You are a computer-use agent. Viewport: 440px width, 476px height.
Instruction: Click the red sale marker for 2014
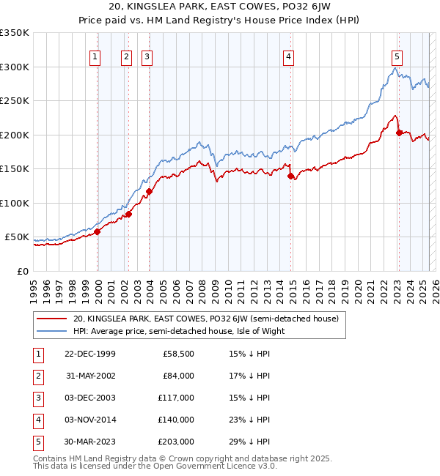(x=291, y=176)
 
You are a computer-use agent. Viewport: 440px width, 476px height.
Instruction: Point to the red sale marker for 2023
(x=400, y=133)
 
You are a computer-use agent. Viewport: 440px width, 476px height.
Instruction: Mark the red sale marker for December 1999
(x=97, y=231)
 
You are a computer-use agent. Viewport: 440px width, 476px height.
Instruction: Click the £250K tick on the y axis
(x=15, y=101)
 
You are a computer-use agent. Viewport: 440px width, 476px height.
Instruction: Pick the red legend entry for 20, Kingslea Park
(x=205, y=319)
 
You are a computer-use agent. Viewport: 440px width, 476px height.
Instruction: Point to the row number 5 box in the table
(x=37, y=442)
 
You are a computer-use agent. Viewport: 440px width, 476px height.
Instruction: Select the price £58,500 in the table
(x=178, y=354)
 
